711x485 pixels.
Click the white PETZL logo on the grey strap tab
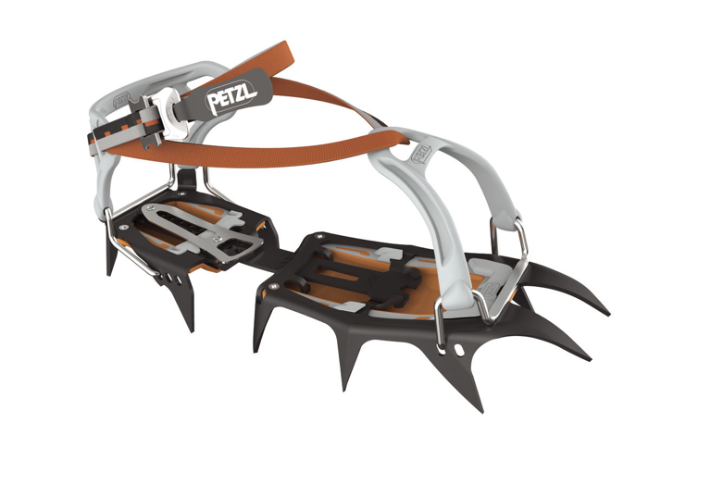(x=231, y=97)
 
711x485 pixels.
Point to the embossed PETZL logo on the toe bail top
(x=420, y=153)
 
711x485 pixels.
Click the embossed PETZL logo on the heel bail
(x=121, y=100)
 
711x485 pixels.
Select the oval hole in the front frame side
(x=459, y=350)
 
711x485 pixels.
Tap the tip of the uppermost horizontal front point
(x=607, y=313)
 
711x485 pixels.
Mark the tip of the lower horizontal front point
(x=589, y=359)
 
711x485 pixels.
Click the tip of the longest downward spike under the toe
(x=481, y=411)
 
